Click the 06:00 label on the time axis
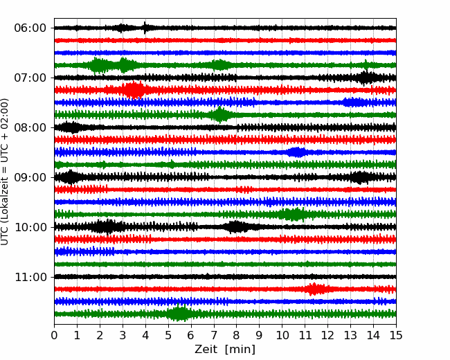pyautogui.click(x=30, y=28)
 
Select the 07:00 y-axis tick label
pyautogui.click(x=30, y=78)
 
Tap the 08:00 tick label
pyautogui.click(x=30, y=127)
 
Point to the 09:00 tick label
pyautogui.click(x=30, y=177)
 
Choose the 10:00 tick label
pyautogui.click(x=30, y=227)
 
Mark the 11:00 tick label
pyautogui.click(x=30, y=277)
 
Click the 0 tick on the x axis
pyautogui.click(x=55, y=336)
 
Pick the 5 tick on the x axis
pyautogui.click(x=168, y=336)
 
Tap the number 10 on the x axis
pyautogui.click(x=282, y=336)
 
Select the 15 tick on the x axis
pyautogui.click(x=396, y=336)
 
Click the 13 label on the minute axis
pyautogui.click(x=350, y=336)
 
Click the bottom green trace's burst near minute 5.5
pyautogui.click(x=180, y=314)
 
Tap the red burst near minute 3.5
pyautogui.click(x=134, y=90)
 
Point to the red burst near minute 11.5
pyautogui.click(x=316, y=289)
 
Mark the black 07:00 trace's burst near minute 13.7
pyautogui.click(x=367, y=78)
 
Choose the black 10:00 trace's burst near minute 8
pyautogui.click(x=237, y=226)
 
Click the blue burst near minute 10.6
pyautogui.click(x=296, y=152)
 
